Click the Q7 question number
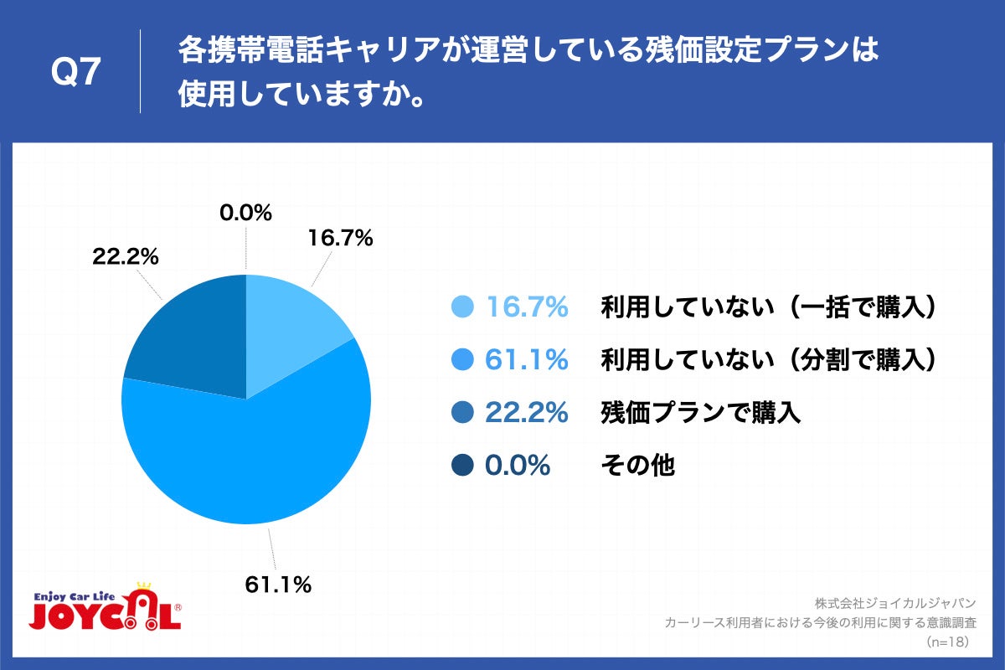76,74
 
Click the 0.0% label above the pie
245,214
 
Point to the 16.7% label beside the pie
340,239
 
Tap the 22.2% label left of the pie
126,257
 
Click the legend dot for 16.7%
462,308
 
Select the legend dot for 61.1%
462,360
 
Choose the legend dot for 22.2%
462,412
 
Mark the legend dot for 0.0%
462,465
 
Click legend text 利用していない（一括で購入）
767,308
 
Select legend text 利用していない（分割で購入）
767,360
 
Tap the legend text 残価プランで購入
701,412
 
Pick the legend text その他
637,465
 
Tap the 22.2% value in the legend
527,412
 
